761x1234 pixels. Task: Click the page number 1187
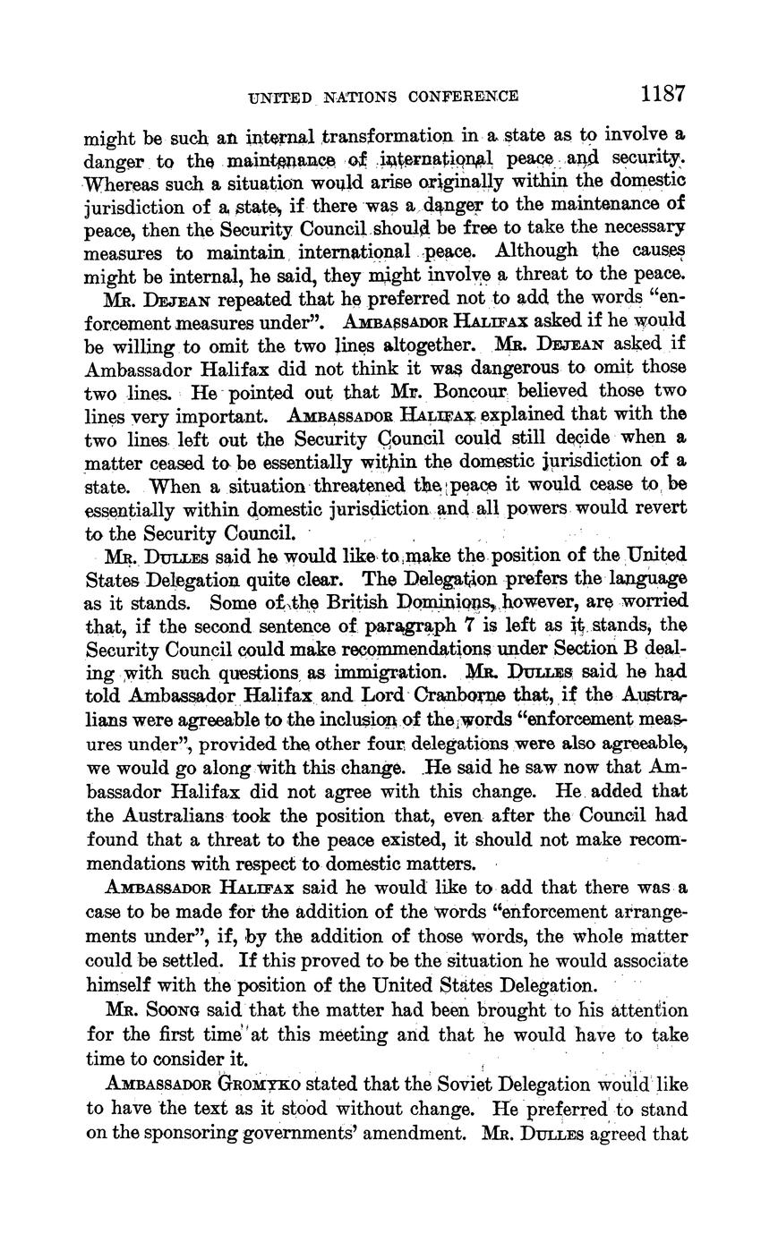pyautogui.click(x=663, y=94)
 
